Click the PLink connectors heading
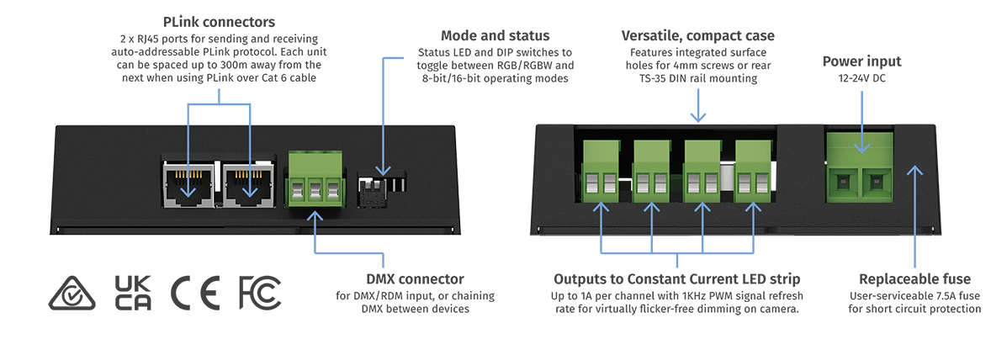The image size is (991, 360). pyautogui.click(x=219, y=23)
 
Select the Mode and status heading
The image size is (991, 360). pyautogui.click(x=495, y=35)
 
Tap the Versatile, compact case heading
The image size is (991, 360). pyautogui.click(x=697, y=35)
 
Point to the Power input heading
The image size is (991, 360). pyautogui.click(x=861, y=62)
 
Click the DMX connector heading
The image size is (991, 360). pyautogui.click(x=415, y=279)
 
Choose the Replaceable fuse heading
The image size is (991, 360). pyautogui.click(x=914, y=279)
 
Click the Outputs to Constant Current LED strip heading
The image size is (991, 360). pyautogui.click(x=677, y=279)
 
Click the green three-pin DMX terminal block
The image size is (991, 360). pyautogui.click(x=315, y=180)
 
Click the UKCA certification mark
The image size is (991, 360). pyautogui.click(x=133, y=293)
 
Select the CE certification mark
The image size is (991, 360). pyautogui.click(x=195, y=293)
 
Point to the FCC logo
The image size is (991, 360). pyautogui.click(x=260, y=293)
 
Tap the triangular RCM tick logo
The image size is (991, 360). pyautogui.click(x=72, y=294)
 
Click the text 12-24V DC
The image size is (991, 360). pyautogui.click(x=861, y=80)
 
